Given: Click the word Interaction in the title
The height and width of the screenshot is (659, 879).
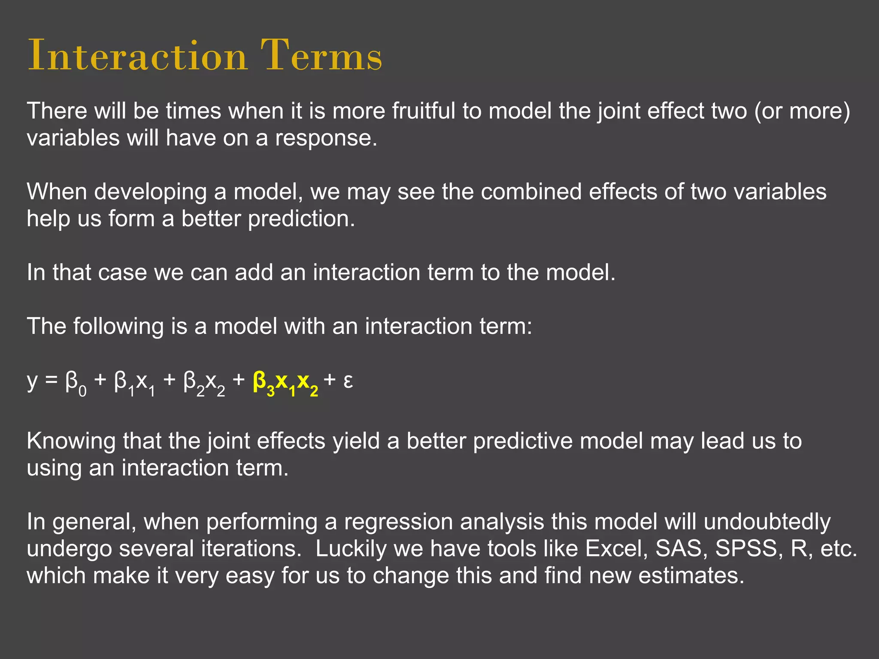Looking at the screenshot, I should (x=137, y=56).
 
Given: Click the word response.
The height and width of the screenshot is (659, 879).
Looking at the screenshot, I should (x=326, y=139).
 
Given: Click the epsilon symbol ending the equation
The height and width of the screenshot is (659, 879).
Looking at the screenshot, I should (x=348, y=381).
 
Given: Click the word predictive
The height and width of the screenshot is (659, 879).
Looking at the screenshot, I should (x=523, y=441).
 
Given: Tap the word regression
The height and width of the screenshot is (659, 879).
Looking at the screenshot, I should (x=398, y=523).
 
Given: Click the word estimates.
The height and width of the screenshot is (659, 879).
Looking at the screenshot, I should (x=691, y=576).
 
